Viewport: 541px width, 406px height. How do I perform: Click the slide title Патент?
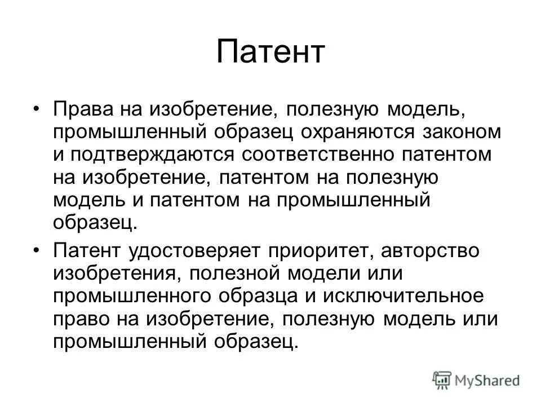(270, 52)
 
